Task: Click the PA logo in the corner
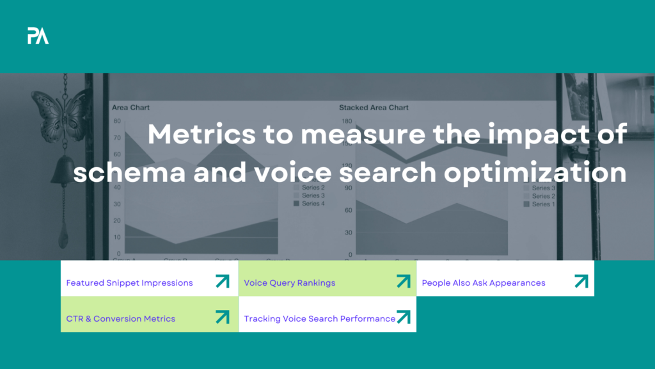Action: click(x=38, y=37)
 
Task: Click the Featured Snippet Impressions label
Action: click(x=129, y=283)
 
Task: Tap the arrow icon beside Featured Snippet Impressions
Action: click(x=222, y=281)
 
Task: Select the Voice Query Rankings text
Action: click(x=289, y=283)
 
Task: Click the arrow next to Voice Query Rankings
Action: click(x=403, y=281)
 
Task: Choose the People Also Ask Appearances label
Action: click(x=483, y=283)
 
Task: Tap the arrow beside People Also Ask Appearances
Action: click(x=581, y=281)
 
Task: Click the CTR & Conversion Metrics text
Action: click(x=120, y=318)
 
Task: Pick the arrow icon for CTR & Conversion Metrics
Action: click(x=222, y=317)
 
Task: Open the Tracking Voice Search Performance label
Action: click(x=319, y=318)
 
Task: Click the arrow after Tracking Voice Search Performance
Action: click(x=403, y=317)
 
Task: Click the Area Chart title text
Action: click(x=130, y=108)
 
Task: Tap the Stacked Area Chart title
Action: click(x=374, y=108)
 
